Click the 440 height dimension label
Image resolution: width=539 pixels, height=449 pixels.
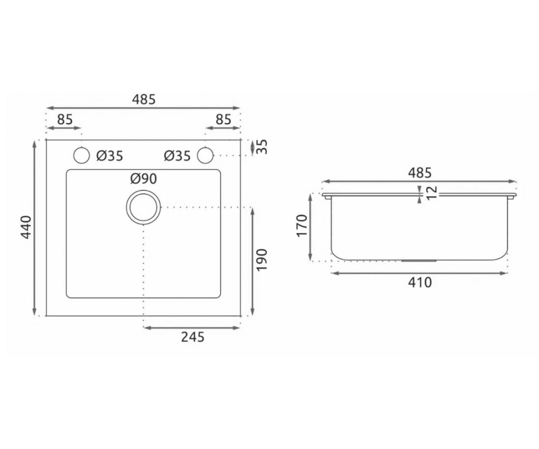pos(26,227)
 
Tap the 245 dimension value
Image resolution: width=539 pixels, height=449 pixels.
pos(193,337)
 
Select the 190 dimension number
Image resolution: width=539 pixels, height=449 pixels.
pos(261,260)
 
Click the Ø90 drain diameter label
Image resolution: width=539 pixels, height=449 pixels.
pos(144,179)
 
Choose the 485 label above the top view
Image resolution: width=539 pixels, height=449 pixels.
pos(144,99)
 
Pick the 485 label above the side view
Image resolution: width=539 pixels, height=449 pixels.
pos(420,173)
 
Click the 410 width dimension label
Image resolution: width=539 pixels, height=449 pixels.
pos(420,282)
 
